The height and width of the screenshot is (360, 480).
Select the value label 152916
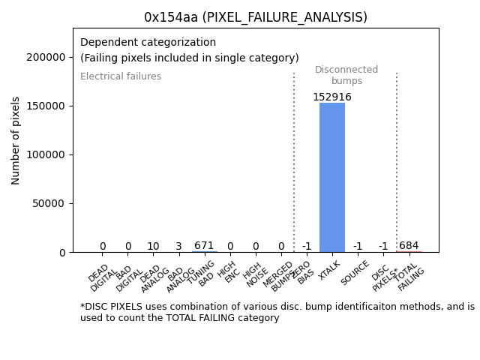click(x=332, y=97)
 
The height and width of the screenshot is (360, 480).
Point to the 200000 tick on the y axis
click(x=44, y=57)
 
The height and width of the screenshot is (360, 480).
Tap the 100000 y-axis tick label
click(x=44, y=154)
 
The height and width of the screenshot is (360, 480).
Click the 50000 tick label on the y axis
click(x=47, y=203)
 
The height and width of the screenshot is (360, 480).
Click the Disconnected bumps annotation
click(x=346, y=75)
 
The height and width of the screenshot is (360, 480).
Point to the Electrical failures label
click(x=121, y=76)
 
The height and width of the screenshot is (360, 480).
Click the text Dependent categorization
click(x=148, y=43)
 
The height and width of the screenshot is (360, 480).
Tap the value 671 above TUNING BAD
click(x=204, y=246)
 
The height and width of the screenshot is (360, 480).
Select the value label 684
click(x=409, y=246)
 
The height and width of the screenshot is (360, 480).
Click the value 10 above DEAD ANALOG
click(x=153, y=247)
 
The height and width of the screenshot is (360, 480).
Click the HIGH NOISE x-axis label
click(x=253, y=275)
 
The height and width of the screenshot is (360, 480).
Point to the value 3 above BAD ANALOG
click(x=178, y=247)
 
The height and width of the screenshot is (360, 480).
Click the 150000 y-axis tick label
click(x=44, y=106)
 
